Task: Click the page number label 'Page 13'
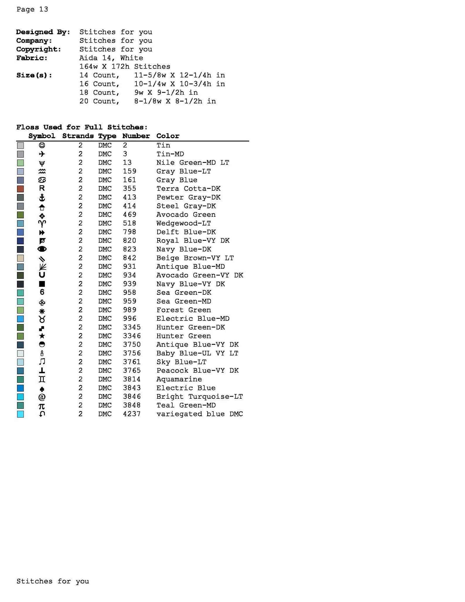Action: (32, 9)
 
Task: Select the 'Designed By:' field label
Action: (43, 32)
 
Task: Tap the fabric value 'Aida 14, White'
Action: (111, 58)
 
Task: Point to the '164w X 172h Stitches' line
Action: (124, 66)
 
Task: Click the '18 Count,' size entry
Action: (99, 93)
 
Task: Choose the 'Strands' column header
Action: (78, 136)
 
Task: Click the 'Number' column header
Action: (136, 136)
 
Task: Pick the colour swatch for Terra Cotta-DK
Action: (20, 189)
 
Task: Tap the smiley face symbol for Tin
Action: (42, 145)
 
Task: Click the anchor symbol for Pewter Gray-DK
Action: (42, 197)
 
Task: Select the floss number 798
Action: (129, 232)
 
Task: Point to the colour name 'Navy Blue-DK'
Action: (184, 249)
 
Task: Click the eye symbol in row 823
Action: (42, 249)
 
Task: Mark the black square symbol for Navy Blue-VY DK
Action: (42, 284)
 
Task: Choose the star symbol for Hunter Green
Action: (42, 336)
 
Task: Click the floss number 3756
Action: (131, 353)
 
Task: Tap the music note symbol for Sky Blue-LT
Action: (42, 362)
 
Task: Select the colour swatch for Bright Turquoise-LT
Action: (20, 397)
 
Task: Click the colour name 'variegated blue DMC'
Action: (199, 414)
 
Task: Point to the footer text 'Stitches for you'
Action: (53, 581)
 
